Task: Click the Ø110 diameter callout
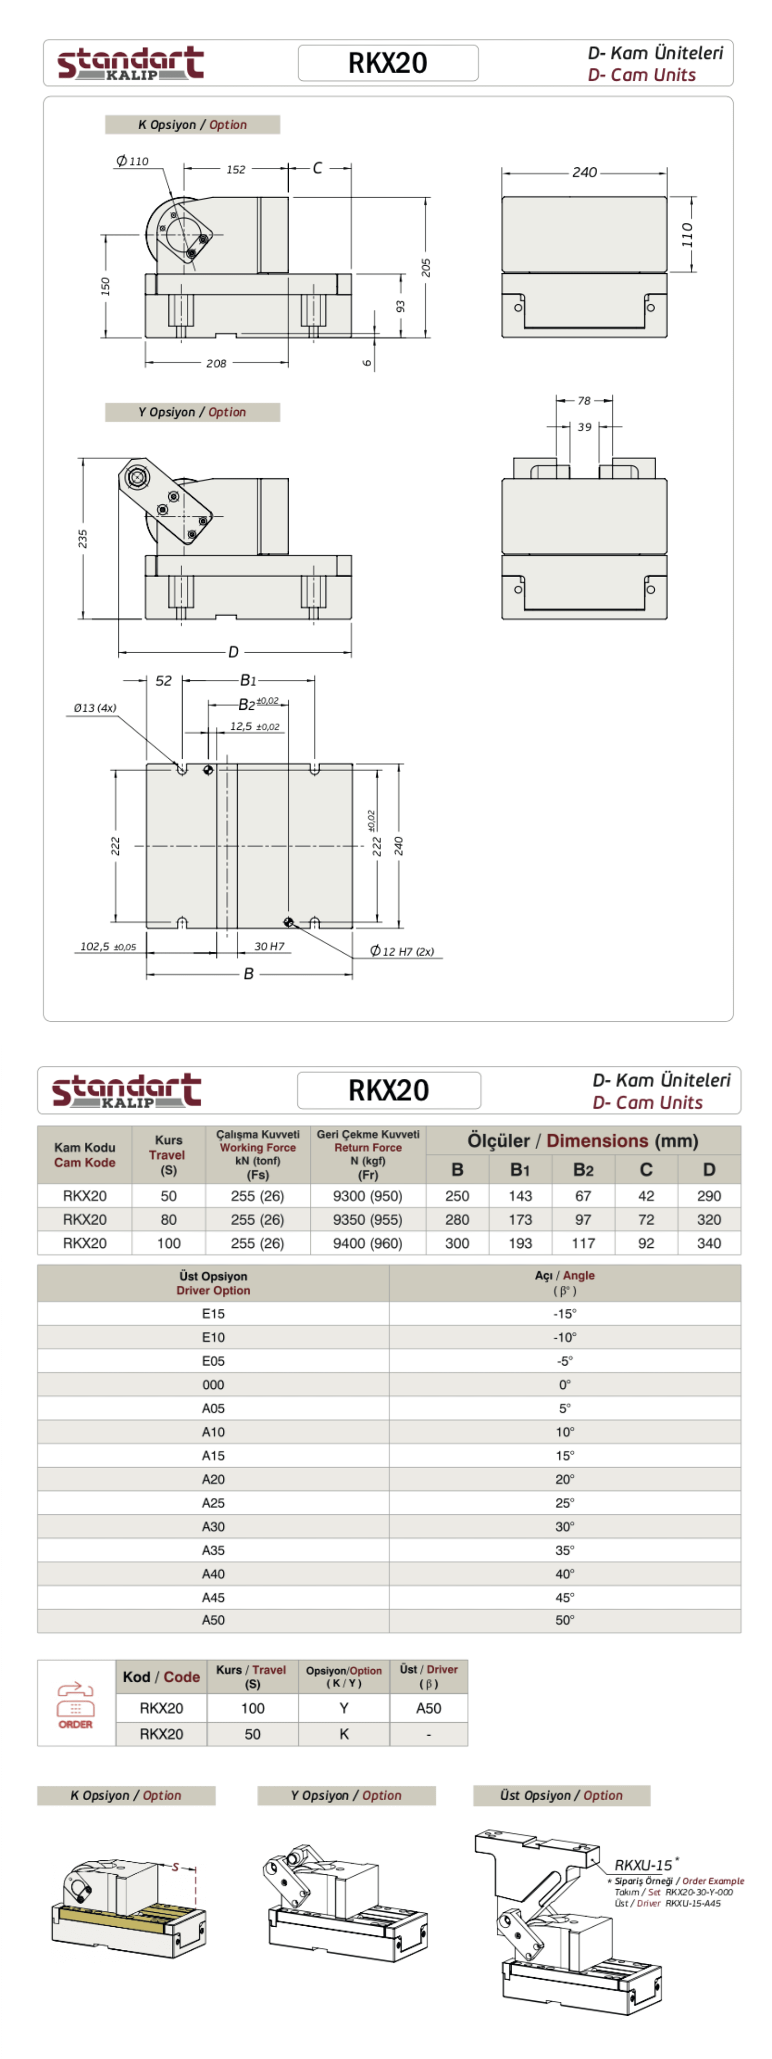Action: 133,161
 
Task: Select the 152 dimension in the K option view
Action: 236,169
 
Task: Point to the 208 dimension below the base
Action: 216,363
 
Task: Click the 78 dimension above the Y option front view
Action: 584,400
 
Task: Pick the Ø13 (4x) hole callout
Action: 94,707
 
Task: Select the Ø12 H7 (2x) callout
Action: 402,951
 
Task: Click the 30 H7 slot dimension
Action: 269,947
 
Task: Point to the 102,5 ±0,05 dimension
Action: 108,947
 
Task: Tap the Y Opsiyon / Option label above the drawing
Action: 192,412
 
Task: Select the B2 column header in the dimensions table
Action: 584,1170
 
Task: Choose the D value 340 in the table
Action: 709,1243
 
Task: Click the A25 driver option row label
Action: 214,1503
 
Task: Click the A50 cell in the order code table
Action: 428,1708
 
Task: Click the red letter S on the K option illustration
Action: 175,1867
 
